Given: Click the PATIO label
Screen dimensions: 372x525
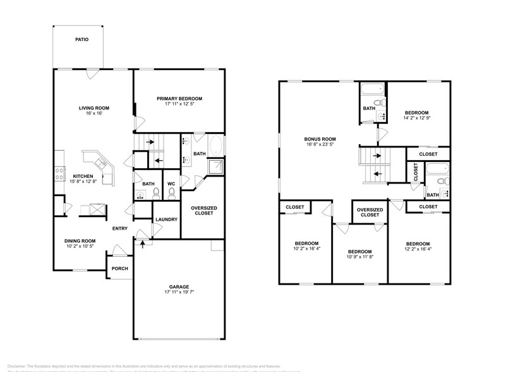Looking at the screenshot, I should point(81,39).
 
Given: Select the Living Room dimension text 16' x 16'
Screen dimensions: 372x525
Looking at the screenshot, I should point(90,114).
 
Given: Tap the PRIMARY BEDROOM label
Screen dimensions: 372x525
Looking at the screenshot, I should point(179,98).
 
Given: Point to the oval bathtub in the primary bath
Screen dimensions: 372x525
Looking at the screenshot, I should point(215,146).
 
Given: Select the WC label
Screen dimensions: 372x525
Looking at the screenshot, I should point(171,184).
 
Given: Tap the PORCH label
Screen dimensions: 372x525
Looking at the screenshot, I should point(119,268).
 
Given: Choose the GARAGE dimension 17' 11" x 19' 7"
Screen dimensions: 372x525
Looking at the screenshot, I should point(178,292).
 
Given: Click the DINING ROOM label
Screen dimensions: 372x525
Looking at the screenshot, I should point(80,240).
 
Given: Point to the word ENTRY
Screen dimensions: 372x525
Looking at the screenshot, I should point(121,228).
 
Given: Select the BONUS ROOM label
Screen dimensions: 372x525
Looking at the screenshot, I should point(320,139).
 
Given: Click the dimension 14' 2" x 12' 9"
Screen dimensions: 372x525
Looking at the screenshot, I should point(416,118).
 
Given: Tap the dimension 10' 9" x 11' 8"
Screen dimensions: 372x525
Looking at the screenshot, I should point(359,256).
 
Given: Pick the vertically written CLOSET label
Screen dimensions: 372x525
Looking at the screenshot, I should point(415,173).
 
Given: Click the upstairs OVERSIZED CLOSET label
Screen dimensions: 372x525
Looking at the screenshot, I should point(370,212).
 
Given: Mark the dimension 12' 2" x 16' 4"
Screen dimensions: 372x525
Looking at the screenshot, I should point(418,249).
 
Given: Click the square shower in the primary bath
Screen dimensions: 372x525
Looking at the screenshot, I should point(215,166).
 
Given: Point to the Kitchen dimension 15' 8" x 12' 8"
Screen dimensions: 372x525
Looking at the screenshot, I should point(83,182).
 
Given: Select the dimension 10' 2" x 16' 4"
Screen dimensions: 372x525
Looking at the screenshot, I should point(306,249).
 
